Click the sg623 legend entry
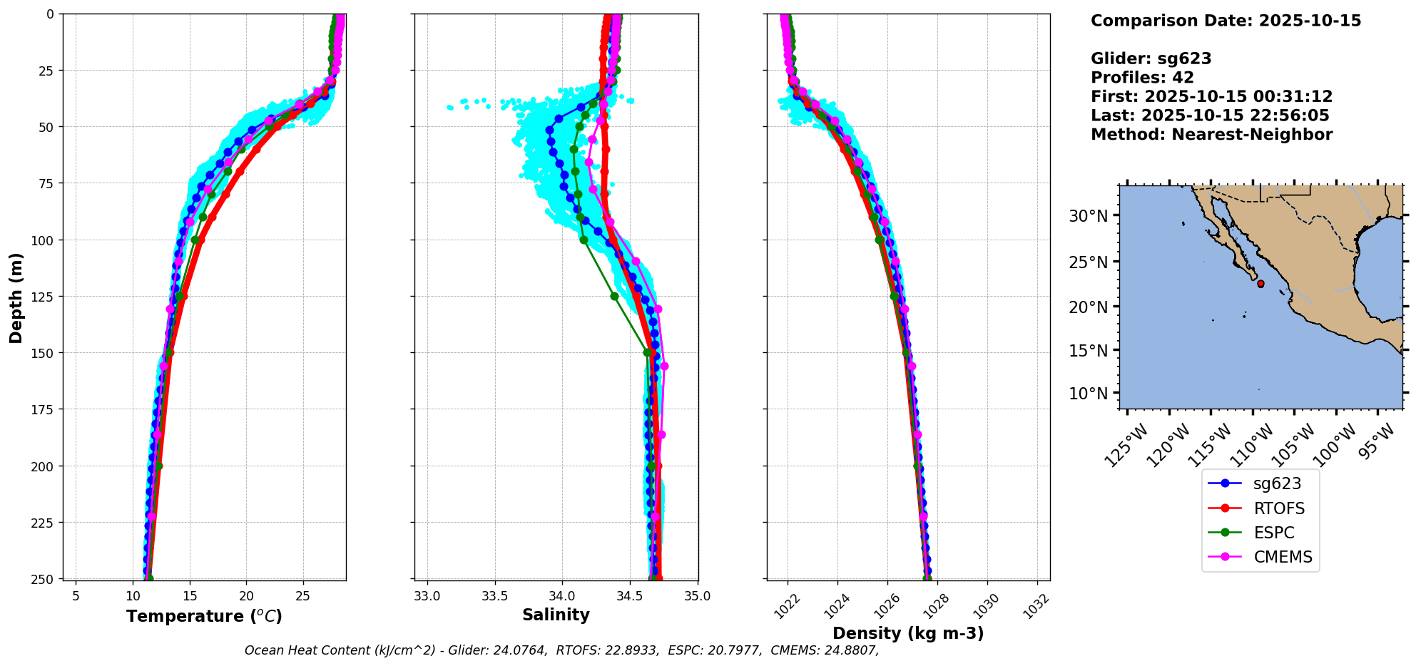tap(1277, 483)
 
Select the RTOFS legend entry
tap(1279, 508)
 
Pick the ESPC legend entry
tap(1273, 533)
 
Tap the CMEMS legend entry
tap(1283, 557)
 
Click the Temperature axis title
tap(204, 616)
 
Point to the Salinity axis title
tap(556, 615)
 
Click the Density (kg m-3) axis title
tap(908, 633)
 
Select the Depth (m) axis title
tap(16, 297)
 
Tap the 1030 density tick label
tap(990, 606)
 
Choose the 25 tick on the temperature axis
tap(302, 596)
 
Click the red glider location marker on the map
tap(1260, 284)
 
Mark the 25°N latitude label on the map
tap(1088, 262)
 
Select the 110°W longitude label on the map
tap(1254, 445)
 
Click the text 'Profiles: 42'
tap(1142, 78)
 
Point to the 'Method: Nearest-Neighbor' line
tap(1211, 135)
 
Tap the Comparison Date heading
tap(1226, 21)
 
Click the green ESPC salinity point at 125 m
tap(614, 296)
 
